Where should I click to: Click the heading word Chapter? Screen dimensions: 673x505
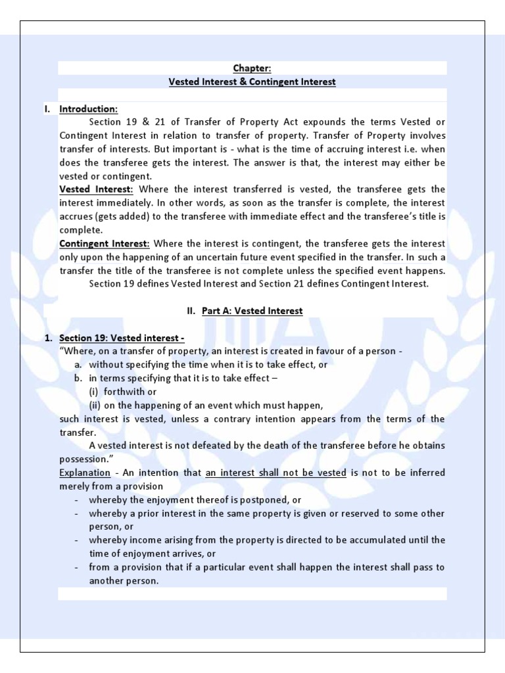252,68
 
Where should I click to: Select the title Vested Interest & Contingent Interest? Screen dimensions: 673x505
252,82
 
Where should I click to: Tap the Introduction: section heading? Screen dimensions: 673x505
89,108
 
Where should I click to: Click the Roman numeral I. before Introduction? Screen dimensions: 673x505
48,108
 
